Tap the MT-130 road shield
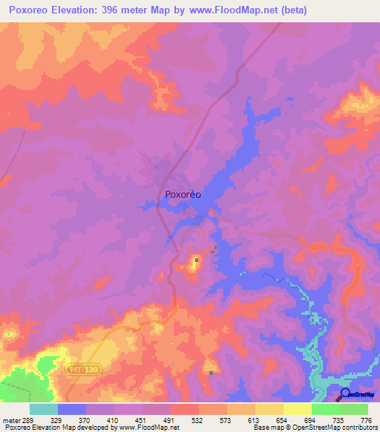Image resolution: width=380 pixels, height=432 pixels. tap(84, 368)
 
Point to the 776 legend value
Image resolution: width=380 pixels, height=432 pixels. tap(365, 420)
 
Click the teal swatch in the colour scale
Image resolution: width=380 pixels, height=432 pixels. tap(43, 409)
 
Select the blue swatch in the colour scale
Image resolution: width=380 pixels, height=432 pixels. tap(71, 409)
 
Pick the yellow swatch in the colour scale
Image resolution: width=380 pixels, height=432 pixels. tap(297, 409)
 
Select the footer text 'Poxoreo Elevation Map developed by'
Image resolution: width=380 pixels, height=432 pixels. tap(56, 428)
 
